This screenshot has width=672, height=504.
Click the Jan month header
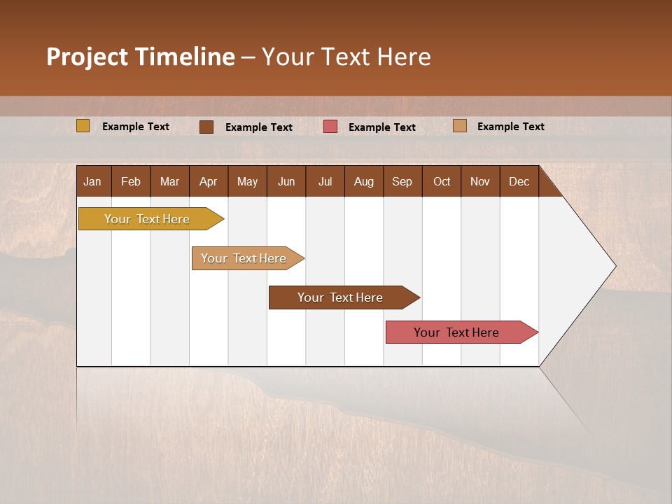pos(92,181)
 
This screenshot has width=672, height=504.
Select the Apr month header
pos(208,181)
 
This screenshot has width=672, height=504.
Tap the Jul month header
pos(325,181)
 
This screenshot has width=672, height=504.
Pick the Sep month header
pos(402,181)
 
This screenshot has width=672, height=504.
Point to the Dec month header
pos(519,181)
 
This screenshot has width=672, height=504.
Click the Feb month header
pos(131,181)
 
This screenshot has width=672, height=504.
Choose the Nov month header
pos(479,181)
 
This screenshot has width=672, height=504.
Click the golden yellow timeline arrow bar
pos(148,219)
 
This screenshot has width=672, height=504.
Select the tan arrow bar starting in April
pos(244,258)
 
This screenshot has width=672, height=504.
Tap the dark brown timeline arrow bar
pos(340,297)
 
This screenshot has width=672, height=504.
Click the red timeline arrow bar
pos(456,332)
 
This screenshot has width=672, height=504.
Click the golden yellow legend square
pos(83,126)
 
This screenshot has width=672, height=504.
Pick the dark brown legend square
pos(206,127)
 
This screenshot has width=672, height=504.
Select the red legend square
pos(330,127)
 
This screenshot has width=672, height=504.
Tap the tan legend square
pos(459,126)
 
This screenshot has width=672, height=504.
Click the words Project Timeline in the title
pos(140,57)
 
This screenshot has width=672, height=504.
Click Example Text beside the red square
pos(382,127)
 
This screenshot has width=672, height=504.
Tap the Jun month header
pos(286,181)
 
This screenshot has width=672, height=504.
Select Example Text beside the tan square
pos(511,127)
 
